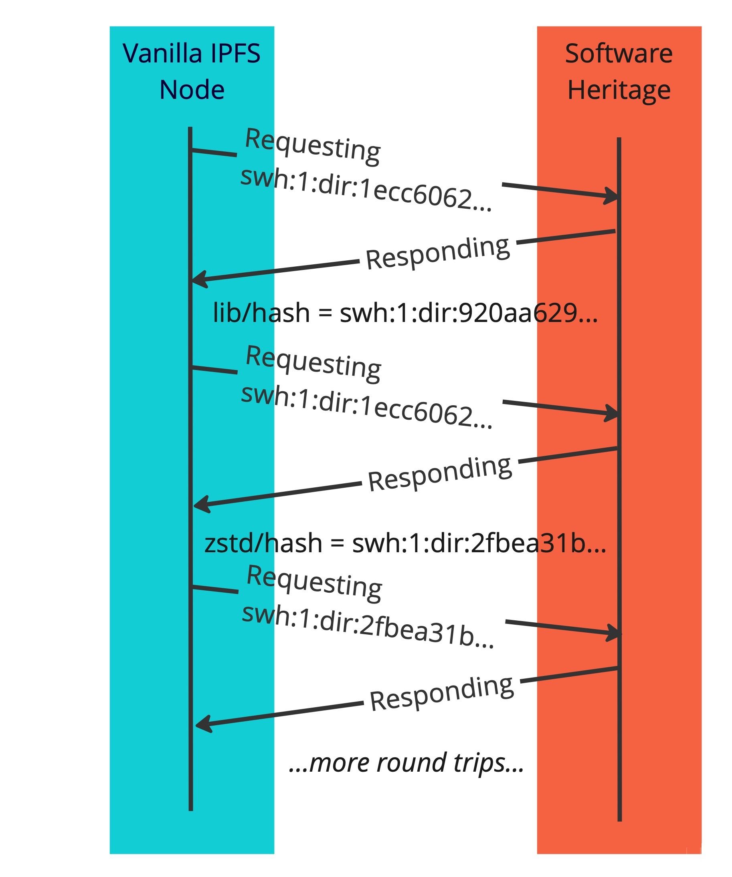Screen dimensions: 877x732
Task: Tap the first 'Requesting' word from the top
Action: (x=312, y=147)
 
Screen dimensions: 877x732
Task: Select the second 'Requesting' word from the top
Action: (x=313, y=364)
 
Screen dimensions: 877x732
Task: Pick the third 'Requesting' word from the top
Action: (x=314, y=583)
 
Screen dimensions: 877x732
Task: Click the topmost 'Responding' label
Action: (x=438, y=253)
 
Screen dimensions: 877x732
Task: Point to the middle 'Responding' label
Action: (x=440, y=474)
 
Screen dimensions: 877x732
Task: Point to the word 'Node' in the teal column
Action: (x=192, y=90)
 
